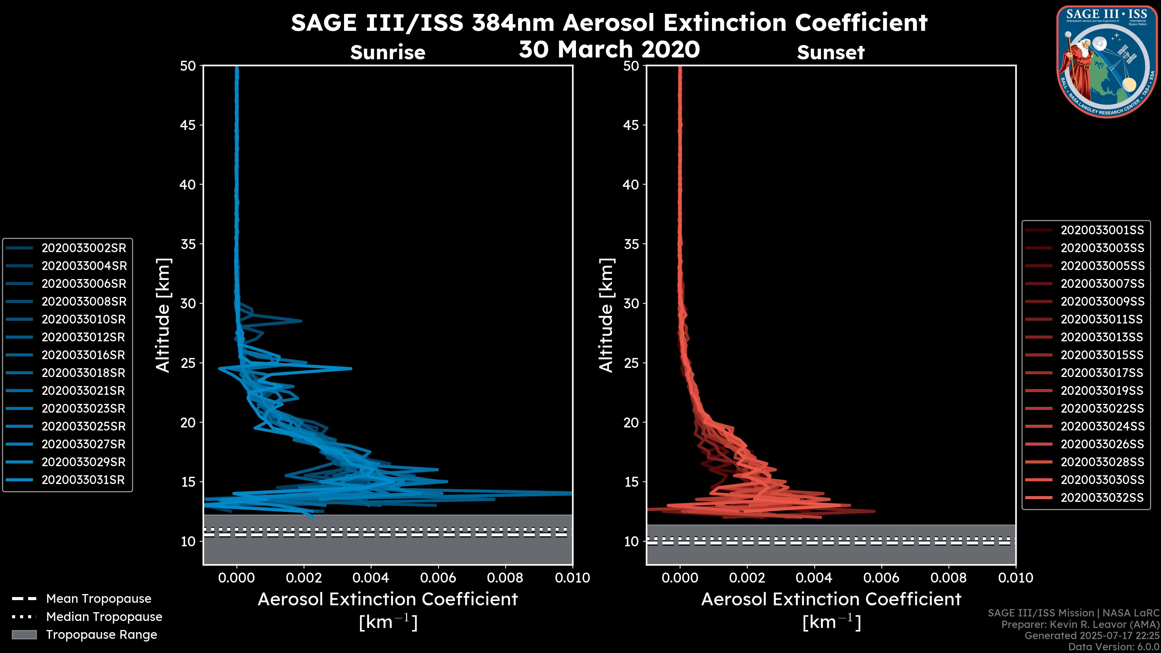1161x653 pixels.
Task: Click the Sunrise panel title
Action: click(388, 53)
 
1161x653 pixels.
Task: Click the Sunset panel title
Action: click(831, 53)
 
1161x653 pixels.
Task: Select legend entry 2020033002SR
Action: click(84, 248)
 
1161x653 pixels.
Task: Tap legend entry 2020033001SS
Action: click(1102, 230)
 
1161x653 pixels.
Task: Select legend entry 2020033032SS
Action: click(1102, 498)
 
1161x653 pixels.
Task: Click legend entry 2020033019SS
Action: click(1102, 391)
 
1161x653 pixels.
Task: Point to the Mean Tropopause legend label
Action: click(99, 599)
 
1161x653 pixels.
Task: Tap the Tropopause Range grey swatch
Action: click(24, 635)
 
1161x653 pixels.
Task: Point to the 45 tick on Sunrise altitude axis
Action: click(188, 125)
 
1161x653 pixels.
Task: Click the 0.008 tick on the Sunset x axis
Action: click(949, 578)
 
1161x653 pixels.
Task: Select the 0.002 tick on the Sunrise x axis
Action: click(303, 578)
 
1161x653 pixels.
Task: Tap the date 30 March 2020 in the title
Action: click(609, 49)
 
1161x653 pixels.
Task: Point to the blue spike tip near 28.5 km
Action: click(301, 321)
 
